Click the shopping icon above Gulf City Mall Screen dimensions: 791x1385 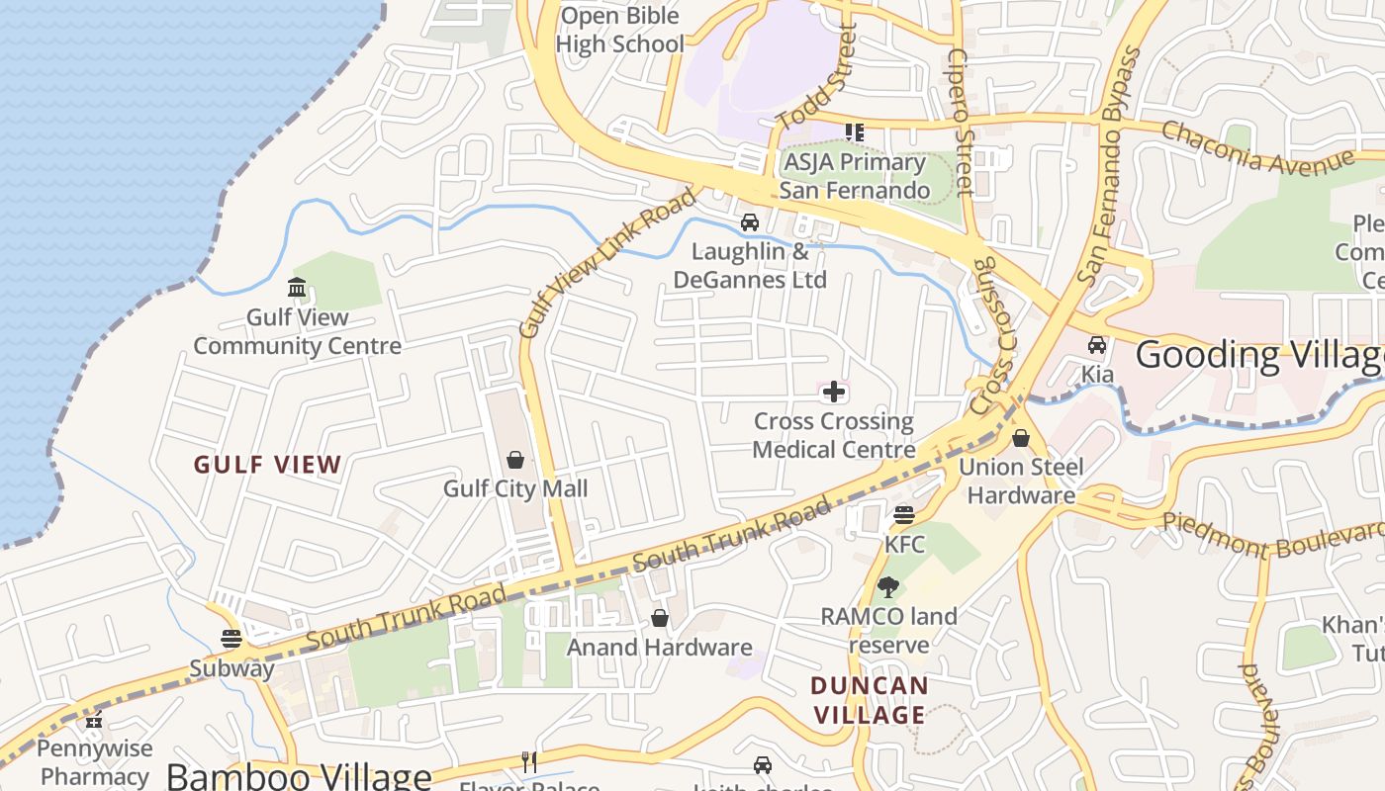click(x=515, y=460)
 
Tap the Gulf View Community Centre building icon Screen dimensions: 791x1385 click(x=297, y=288)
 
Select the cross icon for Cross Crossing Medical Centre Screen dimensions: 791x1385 click(x=834, y=393)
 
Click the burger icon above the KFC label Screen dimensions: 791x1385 click(x=904, y=515)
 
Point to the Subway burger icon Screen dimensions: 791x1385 click(x=231, y=639)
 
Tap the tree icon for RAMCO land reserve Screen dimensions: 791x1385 click(x=888, y=587)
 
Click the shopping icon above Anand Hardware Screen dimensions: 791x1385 click(x=660, y=619)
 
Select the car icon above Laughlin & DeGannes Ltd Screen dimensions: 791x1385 click(x=750, y=222)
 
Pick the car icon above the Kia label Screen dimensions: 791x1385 click(x=1096, y=345)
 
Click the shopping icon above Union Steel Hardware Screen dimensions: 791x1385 click(x=1021, y=438)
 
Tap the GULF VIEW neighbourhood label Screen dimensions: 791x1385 click(x=268, y=465)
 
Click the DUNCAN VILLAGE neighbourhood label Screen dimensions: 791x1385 click(x=870, y=700)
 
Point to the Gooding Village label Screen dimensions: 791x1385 click(x=1258, y=355)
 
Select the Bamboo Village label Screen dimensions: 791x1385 click(x=299, y=776)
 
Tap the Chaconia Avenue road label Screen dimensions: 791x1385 click(x=1256, y=147)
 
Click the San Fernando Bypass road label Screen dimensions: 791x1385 click(x=1109, y=168)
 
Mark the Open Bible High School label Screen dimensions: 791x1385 click(x=620, y=30)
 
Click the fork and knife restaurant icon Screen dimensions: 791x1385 click(x=529, y=761)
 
